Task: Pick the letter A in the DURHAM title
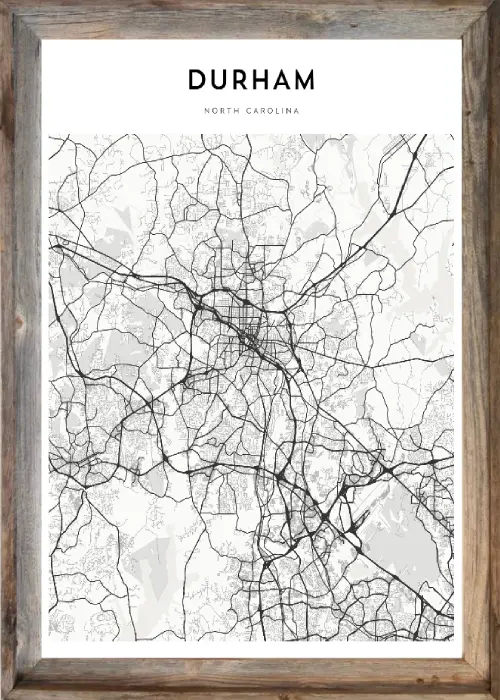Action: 287,79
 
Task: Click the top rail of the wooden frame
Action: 250,16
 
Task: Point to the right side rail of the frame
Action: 479,350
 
